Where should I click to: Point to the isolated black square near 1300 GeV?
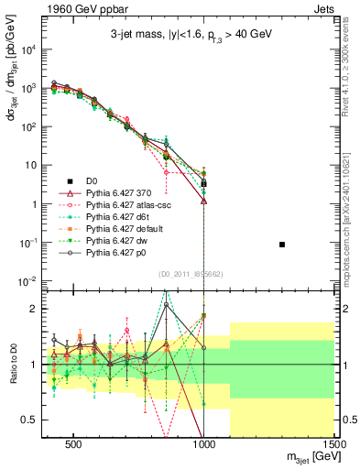point(282,245)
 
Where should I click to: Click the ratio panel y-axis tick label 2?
point(33,309)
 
